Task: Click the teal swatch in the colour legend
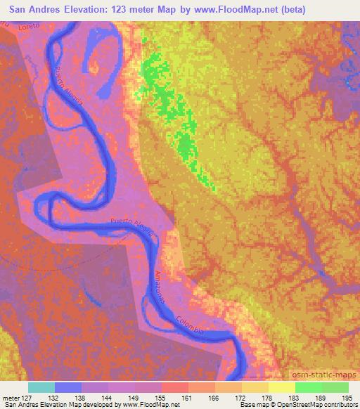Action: click(x=41, y=387)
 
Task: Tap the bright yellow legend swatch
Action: click(x=281, y=387)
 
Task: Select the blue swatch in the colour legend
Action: click(x=68, y=387)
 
